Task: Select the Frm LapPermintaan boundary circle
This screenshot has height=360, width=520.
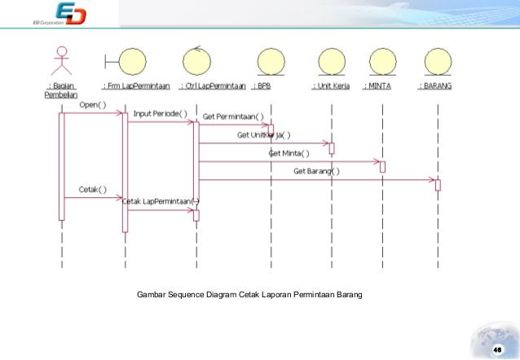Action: point(130,62)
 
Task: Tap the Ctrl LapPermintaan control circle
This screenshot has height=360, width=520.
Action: point(196,61)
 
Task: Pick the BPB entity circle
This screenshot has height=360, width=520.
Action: point(269,62)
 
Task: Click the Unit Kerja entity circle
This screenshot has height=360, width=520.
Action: point(332,62)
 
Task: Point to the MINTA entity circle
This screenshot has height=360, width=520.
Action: point(381,62)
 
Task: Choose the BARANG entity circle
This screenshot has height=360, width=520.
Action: point(438,62)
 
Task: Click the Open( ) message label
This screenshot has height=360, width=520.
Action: point(92,104)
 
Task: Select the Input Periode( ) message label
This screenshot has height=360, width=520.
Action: point(160,113)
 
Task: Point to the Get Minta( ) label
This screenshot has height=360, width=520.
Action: point(289,153)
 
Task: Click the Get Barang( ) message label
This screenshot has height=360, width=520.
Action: point(317,171)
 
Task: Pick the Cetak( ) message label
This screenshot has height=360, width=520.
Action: point(92,189)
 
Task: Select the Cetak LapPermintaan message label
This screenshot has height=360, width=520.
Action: point(161,201)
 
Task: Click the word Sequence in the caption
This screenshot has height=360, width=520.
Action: point(194,293)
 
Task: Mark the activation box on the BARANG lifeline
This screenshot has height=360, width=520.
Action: point(438,185)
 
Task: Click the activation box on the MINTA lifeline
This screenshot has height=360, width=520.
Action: point(381,166)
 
